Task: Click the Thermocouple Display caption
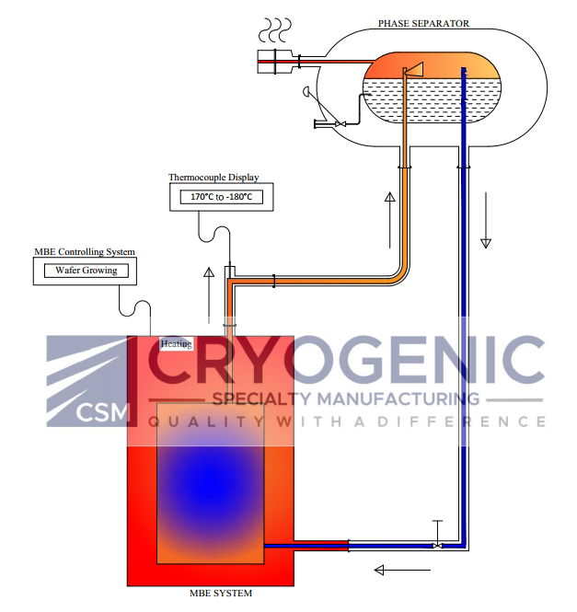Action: [213, 177]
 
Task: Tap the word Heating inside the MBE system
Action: [175, 344]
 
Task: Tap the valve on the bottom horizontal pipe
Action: [437, 543]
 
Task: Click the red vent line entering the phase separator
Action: [331, 63]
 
